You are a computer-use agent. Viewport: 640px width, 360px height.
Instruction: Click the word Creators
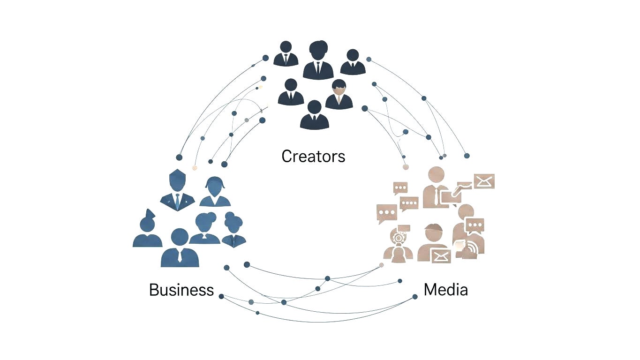pyautogui.click(x=313, y=156)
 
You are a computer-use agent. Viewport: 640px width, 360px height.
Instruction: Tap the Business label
pyautogui.click(x=181, y=290)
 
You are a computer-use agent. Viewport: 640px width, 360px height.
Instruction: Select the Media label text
pyautogui.click(x=445, y=290)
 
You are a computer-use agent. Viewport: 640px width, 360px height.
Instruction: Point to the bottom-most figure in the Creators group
pyautogui.click(x=314, y=115)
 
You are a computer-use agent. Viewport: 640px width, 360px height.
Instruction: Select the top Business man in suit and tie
pyautogui.click(x=177, y=190)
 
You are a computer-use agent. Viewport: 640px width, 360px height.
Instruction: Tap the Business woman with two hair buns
pyautogui.click(x=233, y=229)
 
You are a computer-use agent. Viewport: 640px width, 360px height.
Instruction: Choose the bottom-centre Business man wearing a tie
pyautogui.click(x=180, y=248)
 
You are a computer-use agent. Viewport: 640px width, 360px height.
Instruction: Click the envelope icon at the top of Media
pyautogui.click(x=484, y=181)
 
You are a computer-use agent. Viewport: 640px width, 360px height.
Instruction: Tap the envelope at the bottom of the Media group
pyautogui.click(x=441, y=256)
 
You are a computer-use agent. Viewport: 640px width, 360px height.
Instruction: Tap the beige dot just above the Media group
pyautogui.click(x=406, y=167)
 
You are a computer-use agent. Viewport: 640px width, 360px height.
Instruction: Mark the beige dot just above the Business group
pyautogui.click(x=195, y=167)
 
